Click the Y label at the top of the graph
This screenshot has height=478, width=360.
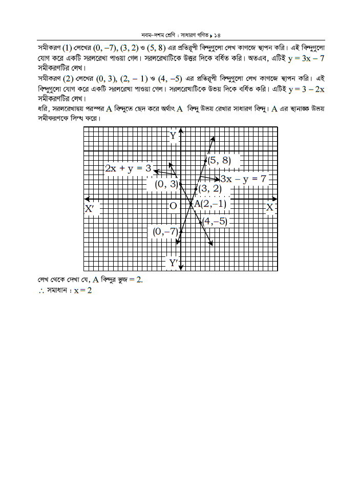coord(173,136)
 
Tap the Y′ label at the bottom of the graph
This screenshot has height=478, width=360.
coord(174,263)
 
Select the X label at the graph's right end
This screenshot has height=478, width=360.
coord(270,207)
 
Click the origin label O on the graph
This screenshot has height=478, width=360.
coord(173,206)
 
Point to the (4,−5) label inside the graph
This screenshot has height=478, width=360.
coord(214,222)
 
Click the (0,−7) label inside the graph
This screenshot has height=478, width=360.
coord(165,232)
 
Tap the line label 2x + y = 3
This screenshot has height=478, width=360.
coord(128,168)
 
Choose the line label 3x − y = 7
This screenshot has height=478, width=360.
coord(243,179)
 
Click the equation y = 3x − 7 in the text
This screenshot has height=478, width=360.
coord(306,58)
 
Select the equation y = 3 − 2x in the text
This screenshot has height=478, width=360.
coord(307,89)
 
